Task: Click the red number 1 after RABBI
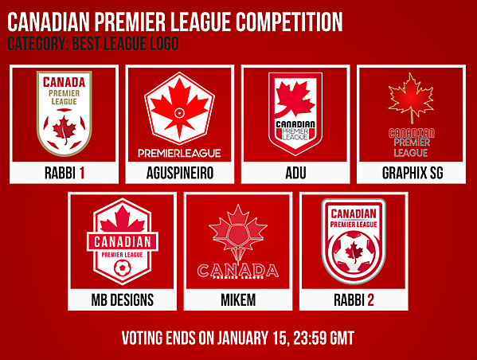pos(81,173)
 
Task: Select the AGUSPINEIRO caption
pos(179,173)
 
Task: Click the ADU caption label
pos(295,173)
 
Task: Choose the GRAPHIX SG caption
pos(411,173)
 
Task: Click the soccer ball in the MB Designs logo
pos(122,268)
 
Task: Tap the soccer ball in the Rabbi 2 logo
pos(352,252)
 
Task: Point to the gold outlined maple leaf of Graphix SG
pos(411,100)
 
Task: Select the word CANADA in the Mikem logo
pos(237,269)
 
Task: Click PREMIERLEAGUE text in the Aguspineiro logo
pos(179,152)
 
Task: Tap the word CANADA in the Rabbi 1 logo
pos(65,81)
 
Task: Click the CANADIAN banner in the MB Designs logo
pos(122,241)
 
